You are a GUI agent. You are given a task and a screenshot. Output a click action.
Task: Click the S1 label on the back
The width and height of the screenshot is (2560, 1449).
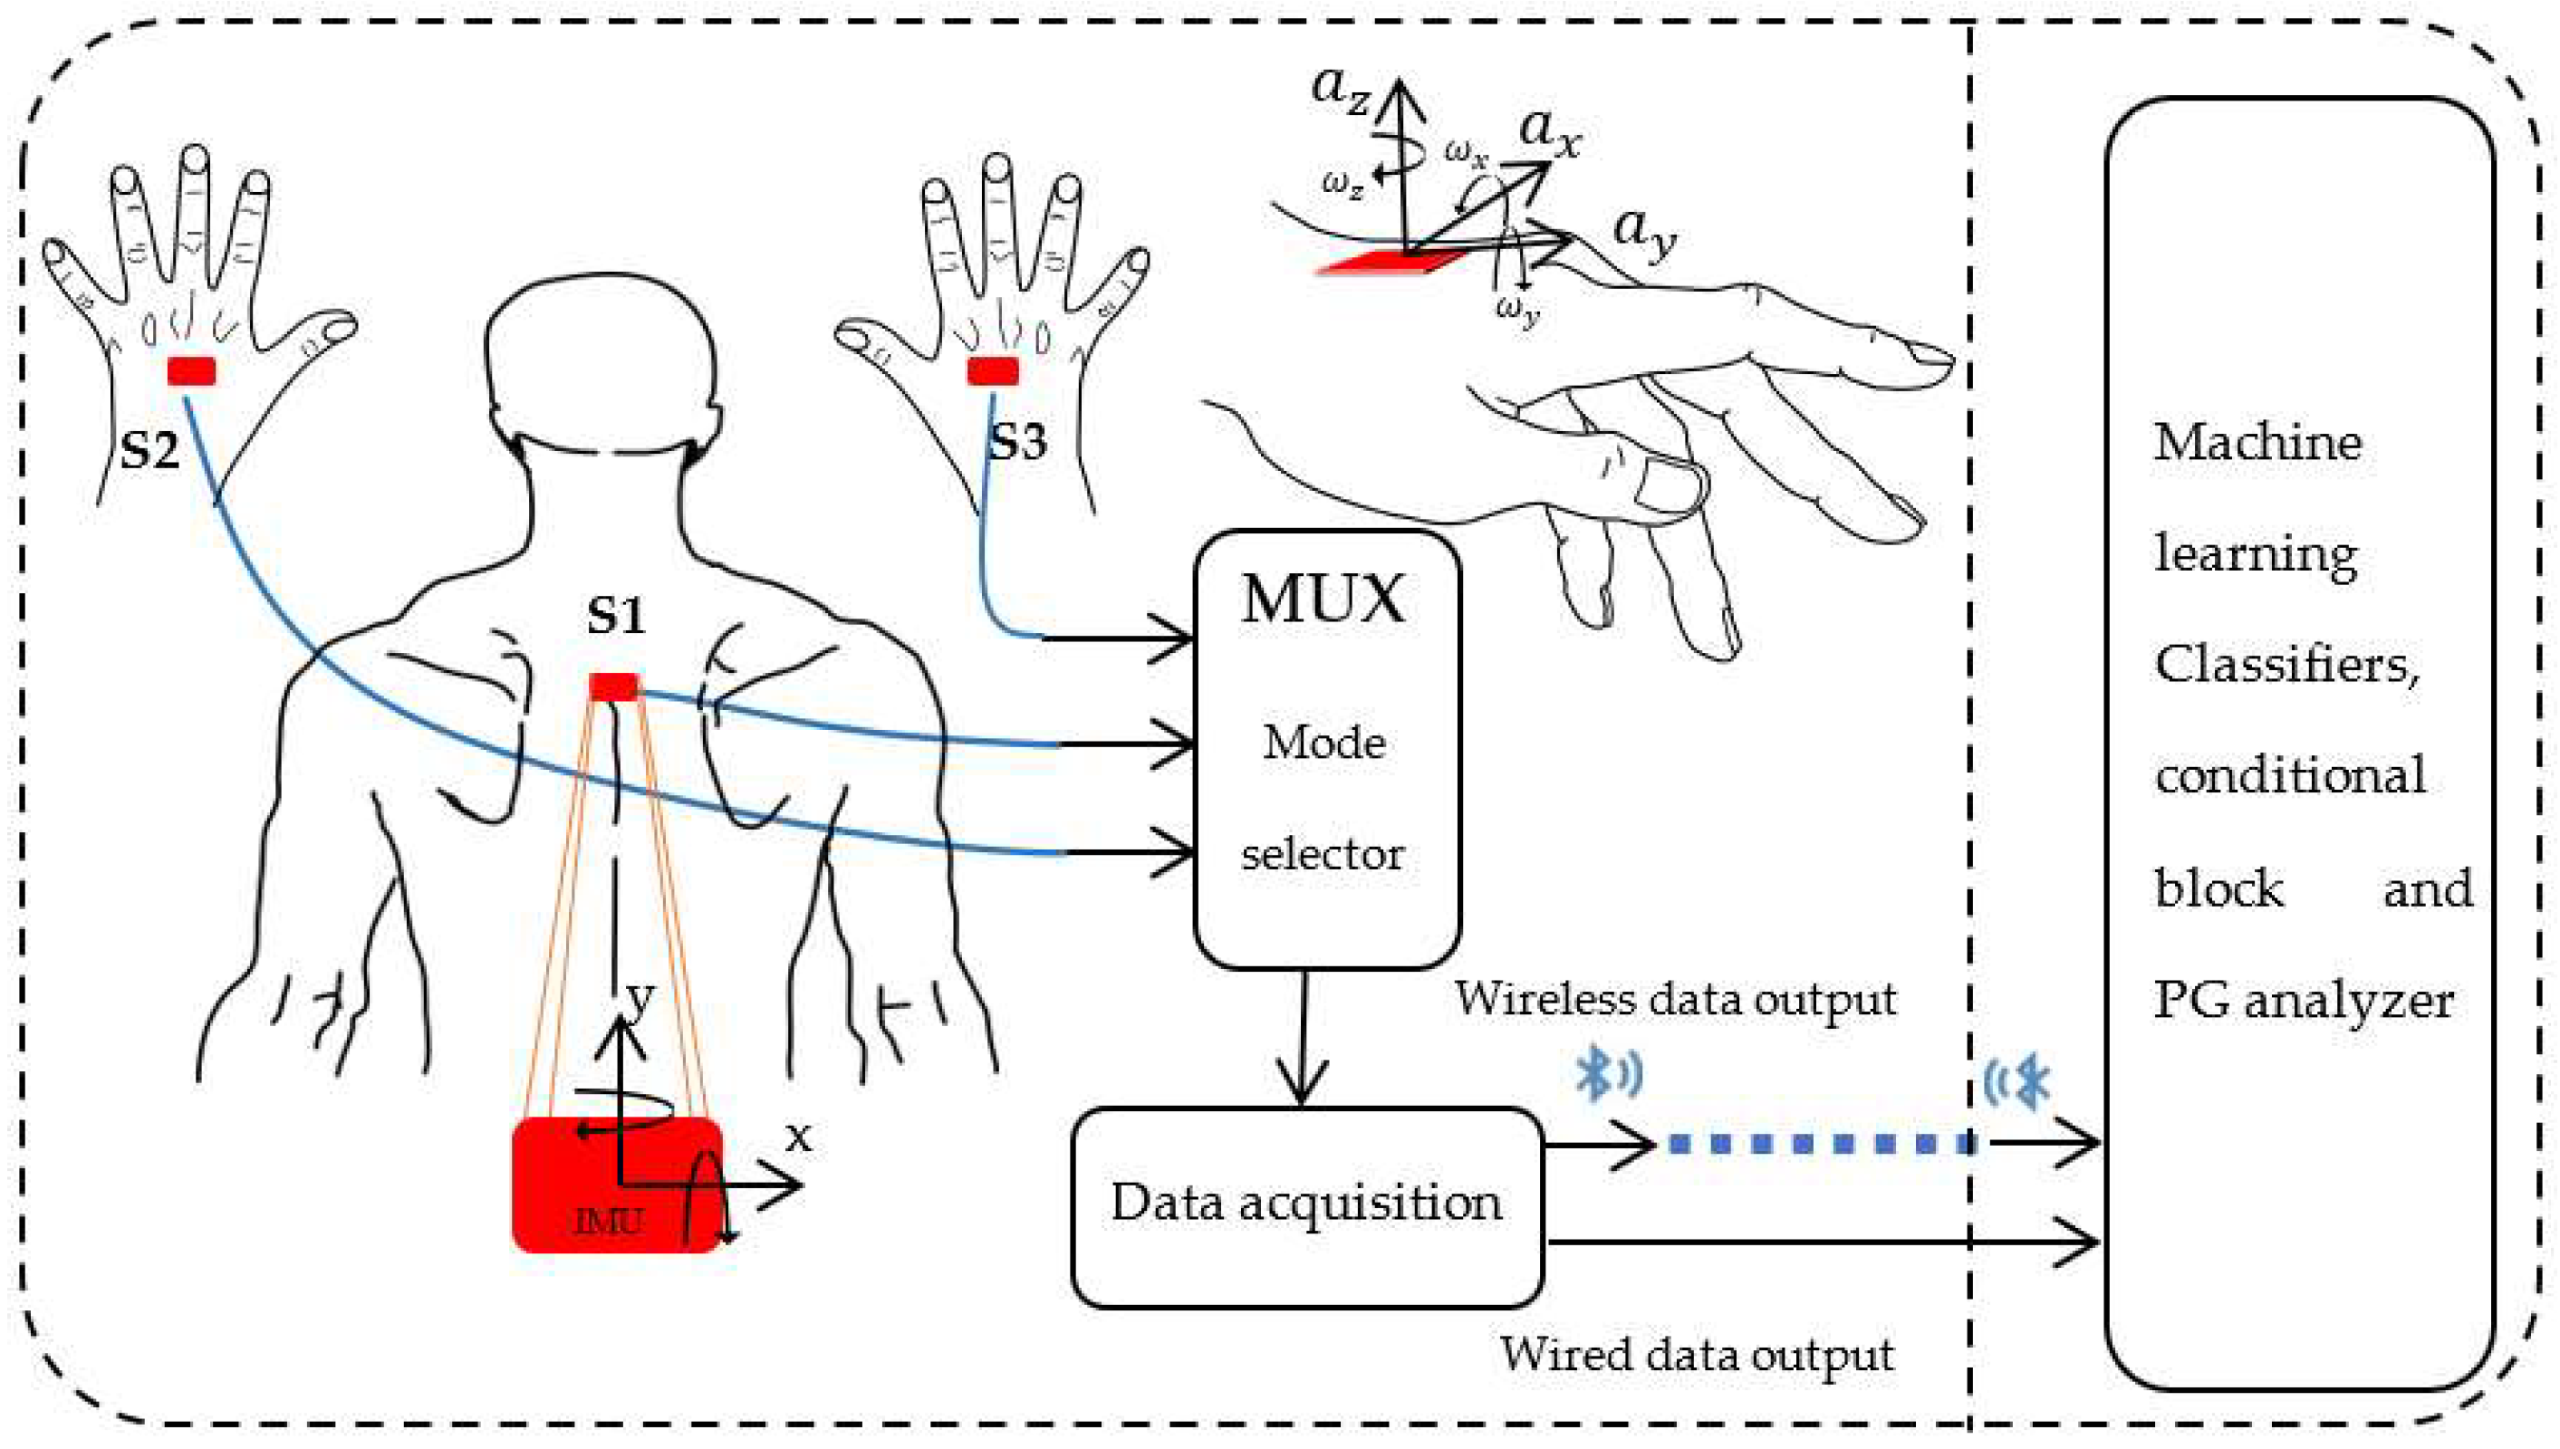[x=615, y=614]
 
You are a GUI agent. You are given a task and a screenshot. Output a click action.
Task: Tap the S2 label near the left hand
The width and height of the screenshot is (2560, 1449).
[x=149, y=450]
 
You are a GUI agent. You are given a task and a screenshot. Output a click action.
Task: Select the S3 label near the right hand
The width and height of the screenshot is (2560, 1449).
[x=1017, y=441]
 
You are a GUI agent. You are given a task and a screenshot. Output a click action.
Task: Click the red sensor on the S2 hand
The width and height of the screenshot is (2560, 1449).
[x=191, y=371]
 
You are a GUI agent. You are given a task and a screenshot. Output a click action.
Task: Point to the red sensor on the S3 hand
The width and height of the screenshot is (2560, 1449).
[x=992, y=371]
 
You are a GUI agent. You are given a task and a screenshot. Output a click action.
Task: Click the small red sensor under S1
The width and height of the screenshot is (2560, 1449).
[x=613, y=686]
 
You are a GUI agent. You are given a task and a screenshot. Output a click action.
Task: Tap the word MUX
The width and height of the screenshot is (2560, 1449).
[x=1323, y=600]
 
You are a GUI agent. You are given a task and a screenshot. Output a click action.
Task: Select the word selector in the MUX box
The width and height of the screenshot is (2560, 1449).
[x=1322, y=854]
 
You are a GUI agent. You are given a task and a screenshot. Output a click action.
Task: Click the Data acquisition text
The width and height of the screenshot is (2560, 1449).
[x=1306, y=1202]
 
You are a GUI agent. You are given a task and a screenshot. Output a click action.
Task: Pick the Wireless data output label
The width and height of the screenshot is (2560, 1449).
[x=1675, y=999]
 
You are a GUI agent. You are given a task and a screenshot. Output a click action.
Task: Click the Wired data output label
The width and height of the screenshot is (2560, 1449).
[x=1696, y=1355]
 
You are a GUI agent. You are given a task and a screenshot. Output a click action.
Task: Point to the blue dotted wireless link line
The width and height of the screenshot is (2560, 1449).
[x=1822, y=1145]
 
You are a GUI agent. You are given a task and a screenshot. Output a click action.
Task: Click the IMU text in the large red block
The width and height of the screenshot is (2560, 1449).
[x=608, y=1220]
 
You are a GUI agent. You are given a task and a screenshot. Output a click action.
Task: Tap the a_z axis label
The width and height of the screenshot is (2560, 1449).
[x=1341, y=90]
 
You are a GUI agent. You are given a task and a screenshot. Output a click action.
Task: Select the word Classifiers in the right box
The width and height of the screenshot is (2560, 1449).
[x=2286, y=664]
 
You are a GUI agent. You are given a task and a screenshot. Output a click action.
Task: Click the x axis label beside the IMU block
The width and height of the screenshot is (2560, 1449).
[x=798, y=1137]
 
